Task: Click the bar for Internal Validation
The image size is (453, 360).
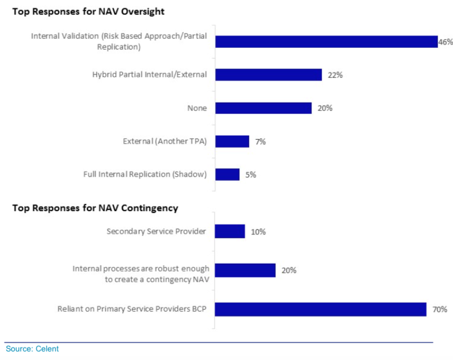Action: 326,41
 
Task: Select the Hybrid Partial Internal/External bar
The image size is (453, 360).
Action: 268,74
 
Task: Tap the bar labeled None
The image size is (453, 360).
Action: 263,108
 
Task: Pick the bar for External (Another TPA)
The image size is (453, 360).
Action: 232,141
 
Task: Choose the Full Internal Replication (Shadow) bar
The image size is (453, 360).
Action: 227,175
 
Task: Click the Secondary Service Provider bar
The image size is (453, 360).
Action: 230,231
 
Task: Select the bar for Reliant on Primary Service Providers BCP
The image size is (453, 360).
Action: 320,309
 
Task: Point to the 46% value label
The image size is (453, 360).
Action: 445,41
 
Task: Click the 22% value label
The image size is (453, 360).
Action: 335,74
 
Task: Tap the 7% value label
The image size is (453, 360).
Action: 260,141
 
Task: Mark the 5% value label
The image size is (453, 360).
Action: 250,175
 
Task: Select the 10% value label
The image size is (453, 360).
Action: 258,232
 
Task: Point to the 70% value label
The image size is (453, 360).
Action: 439,309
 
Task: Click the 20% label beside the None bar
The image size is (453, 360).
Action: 325,108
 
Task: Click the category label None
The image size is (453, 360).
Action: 197,108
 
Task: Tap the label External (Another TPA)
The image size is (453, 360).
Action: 165,141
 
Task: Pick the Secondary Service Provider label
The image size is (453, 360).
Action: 157,231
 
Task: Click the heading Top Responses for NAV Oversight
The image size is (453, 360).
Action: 88,11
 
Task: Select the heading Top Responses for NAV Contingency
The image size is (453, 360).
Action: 95,208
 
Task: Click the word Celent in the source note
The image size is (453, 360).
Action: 47,349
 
